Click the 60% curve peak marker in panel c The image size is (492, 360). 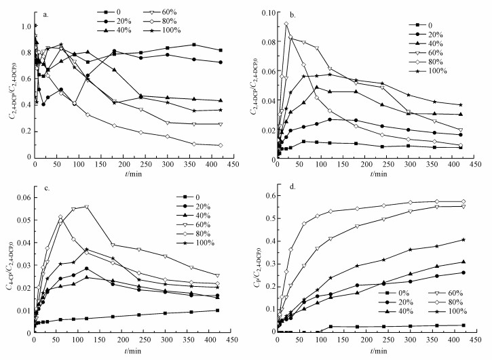pyautogui.click(x=86, y=206)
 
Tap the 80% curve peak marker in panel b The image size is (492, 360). pyautogui.click(x=286, y=24)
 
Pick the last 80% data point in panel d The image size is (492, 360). pyautogui.click(x=463, y=201)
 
